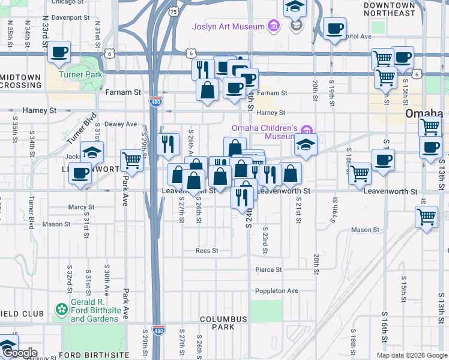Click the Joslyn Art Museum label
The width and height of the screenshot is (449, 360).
point(228,26)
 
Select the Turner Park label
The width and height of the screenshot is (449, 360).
point(80,74)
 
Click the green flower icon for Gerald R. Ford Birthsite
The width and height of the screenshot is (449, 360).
point(61,310)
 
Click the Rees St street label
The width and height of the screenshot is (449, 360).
point(206,250)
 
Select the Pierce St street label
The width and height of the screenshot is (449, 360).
point(268,270)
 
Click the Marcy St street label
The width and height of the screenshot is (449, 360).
point(81,208)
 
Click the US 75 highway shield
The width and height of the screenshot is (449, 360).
point(173,11)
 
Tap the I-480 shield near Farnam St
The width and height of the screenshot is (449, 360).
point(155,103)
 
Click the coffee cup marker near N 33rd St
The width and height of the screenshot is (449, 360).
point(59,52)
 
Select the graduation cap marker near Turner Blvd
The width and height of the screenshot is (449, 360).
point(92,152)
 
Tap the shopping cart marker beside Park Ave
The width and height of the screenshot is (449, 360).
point(131,160)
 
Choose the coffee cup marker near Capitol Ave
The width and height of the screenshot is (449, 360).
point(334,28)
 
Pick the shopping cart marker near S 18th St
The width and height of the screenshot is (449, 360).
point(360,173)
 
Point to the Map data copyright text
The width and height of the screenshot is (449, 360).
point(411,355)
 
